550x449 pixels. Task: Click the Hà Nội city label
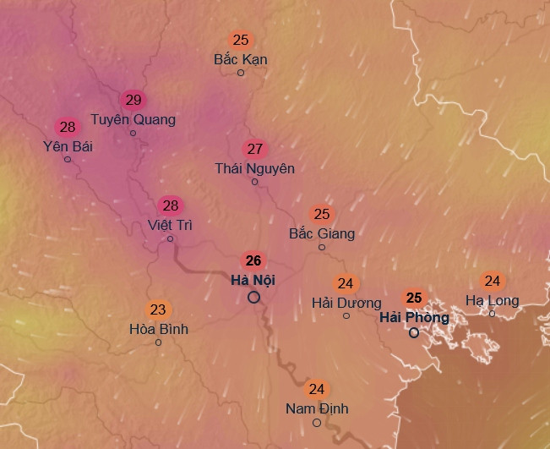[x=253, y=280]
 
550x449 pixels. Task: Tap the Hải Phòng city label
[x=414, y=317]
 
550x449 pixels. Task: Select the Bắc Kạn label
[x=241, y=59]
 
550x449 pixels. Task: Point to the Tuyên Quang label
[x=133, y=119]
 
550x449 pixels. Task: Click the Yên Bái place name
[x=68, y=146]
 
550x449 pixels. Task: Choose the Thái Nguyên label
[x=254, y=168]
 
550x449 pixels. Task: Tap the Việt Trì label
[x=170, y=225]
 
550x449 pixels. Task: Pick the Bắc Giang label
[x=321, y=233]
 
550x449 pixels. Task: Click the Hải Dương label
[x=346, y=302]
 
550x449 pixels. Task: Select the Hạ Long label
[x=492, y=300]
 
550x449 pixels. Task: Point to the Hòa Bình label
[x=158, y=328]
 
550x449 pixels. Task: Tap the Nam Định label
[x=317, y=408]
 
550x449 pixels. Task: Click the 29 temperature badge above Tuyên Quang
[x=133, y=101]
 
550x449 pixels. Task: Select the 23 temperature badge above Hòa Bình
[x=158, y=309]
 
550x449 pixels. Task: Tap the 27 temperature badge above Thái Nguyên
[x=255, y=150]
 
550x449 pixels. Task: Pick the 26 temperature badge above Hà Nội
[x=253, y=260]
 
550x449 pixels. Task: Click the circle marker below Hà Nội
[x=253, y=298]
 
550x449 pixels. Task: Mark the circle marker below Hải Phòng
[x=414, y=333]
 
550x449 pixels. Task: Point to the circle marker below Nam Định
[x=317, y=423]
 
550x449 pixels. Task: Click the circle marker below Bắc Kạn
[x=241, y=73]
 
